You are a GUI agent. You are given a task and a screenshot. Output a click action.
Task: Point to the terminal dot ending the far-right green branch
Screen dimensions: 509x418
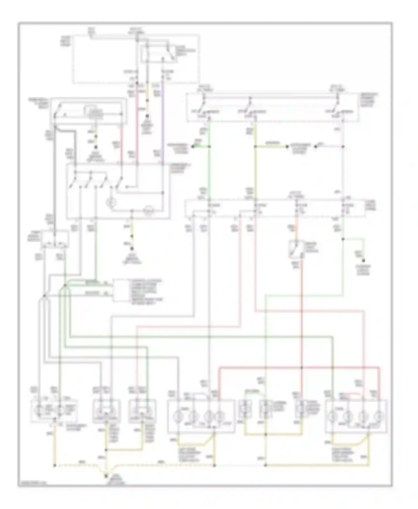(x=363, y=261)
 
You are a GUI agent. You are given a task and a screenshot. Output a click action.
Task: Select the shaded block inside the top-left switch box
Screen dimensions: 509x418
(x=96, y=113)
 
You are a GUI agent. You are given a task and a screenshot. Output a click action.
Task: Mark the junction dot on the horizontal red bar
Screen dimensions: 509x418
(x=302, y=368)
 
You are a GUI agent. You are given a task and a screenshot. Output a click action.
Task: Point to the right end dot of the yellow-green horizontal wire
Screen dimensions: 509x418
(x=287, y=146)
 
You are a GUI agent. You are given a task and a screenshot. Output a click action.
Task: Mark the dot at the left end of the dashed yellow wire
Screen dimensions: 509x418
(x=55, y=465)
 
